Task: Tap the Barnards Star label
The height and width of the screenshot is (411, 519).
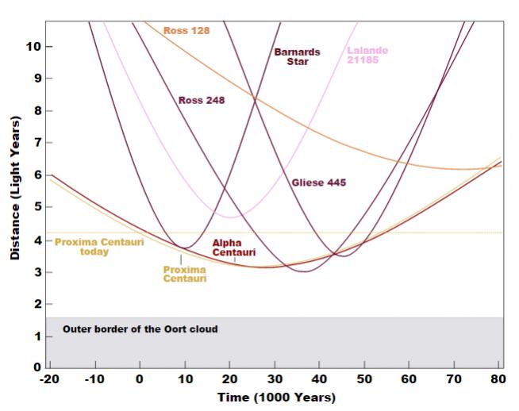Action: point(298,56)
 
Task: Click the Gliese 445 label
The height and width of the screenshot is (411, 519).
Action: point(318,182)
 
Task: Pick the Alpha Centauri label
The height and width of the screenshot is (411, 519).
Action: point(234,248)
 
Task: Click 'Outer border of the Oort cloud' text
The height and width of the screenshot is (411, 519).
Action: point(140,328)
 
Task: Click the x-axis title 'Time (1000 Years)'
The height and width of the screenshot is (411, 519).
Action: point(276,397)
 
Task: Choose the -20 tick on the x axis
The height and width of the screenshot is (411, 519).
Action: point(49,380)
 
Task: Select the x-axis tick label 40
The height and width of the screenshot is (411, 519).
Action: point(320,380)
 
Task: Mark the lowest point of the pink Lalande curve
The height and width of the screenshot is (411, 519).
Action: point(230,216)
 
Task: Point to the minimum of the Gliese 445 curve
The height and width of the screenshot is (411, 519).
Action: point(343,255)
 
